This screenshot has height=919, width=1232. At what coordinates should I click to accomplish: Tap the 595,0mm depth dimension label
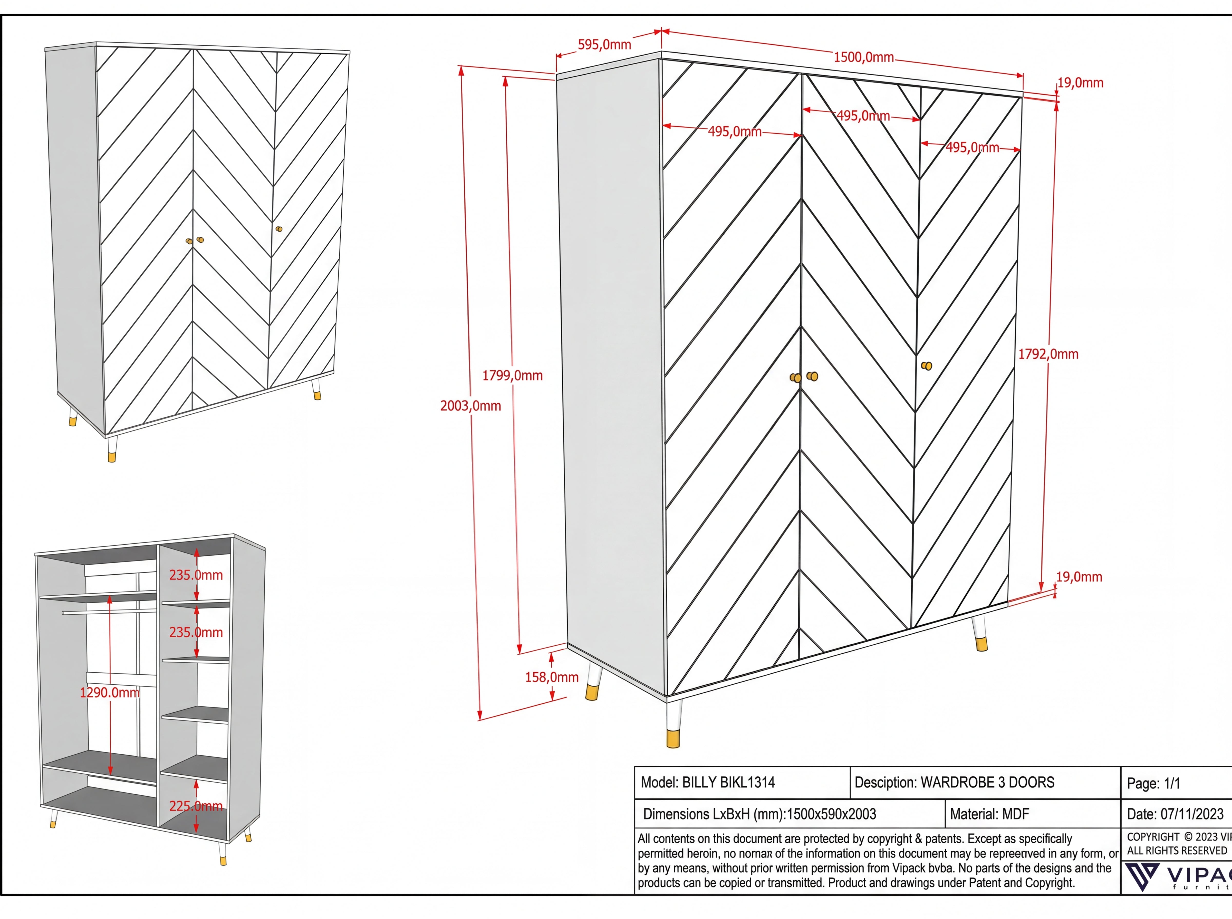(x=604, y=45)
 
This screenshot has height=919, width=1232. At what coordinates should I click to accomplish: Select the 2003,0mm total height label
(x=470, y=406)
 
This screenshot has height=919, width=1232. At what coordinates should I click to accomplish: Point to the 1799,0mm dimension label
(x=512, y=375)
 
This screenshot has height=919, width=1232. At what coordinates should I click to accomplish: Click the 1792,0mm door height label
(x=1048, y=354)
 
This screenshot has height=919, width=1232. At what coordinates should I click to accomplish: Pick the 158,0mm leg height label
(x=552, y=677)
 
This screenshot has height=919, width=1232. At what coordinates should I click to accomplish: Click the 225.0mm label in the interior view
(x=196, y=806)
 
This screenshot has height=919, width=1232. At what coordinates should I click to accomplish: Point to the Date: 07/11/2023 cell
(x=1175, y=814)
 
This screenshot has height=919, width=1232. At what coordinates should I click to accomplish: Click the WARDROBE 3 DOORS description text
(x=987, y=783)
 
